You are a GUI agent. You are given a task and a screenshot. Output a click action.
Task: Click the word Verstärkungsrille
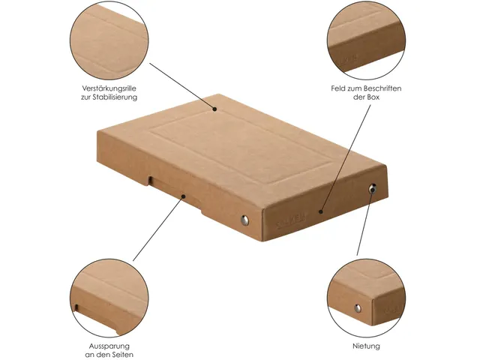pos(109,88)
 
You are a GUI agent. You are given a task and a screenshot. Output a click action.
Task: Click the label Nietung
pos(366,346)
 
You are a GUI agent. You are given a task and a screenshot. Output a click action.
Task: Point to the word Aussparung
pos(109,346)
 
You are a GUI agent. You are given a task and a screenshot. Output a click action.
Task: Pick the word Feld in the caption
pos(338,88)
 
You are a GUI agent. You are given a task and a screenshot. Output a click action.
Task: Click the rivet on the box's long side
pos(244,220)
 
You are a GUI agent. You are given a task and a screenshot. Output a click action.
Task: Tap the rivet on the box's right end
pos(373,188)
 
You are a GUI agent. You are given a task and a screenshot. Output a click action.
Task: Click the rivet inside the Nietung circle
pos(358,308)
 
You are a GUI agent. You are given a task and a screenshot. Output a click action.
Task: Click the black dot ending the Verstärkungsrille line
pos(215,109)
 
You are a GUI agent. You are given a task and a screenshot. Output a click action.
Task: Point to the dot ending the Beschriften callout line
pos(320,211)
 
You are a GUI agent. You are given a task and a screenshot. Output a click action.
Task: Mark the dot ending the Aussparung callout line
pos(183,196)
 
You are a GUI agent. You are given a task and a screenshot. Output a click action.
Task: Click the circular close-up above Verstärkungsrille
pos(109,40)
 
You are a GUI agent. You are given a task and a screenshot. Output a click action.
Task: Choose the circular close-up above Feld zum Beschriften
pos(366,40)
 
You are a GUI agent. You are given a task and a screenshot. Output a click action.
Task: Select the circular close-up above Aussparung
pos(109,298)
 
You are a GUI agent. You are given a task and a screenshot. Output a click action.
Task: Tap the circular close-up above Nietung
pos(366,298)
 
